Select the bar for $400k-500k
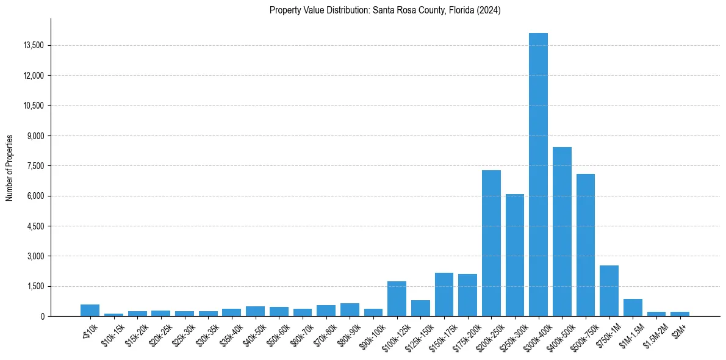pos(562,232)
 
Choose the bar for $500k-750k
pos(586,245)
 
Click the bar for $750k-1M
pos(609,290)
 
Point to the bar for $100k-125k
pos(397,299)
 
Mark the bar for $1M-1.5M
pos(633,308)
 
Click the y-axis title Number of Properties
pos(10,167)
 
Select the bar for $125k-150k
pos(420,308)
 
